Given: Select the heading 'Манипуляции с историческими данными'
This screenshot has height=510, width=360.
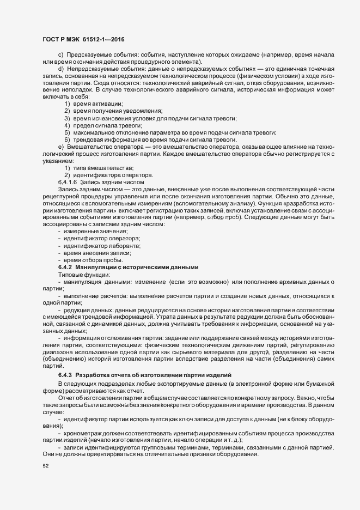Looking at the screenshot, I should pyautogui.click(x=133, y=267).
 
